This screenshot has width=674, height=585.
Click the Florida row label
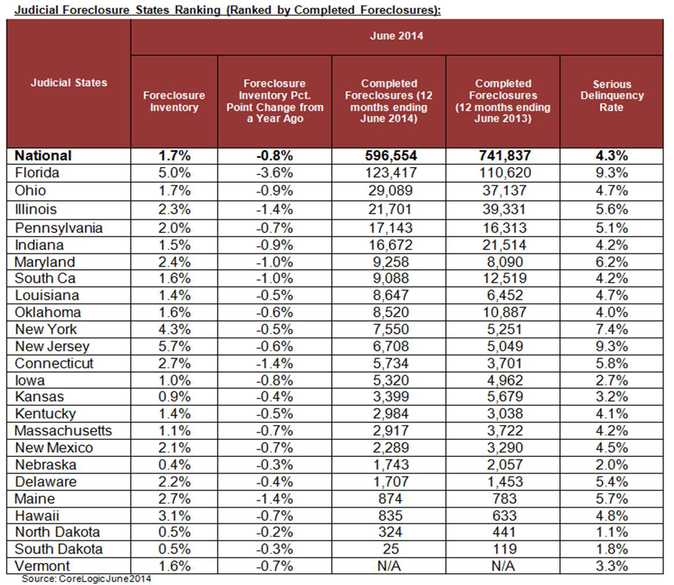[x=37, y=173]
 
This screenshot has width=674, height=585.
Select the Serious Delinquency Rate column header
[x=611, y=96]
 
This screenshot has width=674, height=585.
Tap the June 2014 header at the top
[x=396, y=36]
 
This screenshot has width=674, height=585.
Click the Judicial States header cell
[x=68, y=82]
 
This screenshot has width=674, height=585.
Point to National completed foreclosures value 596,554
[x=388, y=155]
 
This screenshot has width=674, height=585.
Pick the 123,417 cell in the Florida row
[x=388, y=173]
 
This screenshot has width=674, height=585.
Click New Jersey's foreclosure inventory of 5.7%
[x=174, y=347]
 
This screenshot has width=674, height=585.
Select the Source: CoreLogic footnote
[x=86, y=579]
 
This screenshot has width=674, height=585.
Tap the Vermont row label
[x=42, y=566]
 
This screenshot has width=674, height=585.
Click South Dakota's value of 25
[x=388, y=549]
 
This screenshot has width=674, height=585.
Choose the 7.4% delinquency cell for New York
[x=611, y=329]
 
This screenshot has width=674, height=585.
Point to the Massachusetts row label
[x=63, y=431]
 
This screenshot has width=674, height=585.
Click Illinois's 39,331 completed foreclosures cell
[x=502, y=209]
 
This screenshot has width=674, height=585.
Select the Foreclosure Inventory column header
[x=174, y=101]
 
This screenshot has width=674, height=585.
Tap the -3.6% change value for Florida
[x=274, y=173]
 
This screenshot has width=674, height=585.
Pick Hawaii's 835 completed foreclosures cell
[x=388, y=515]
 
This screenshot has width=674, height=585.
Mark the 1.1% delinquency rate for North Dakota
[x=611, y=532]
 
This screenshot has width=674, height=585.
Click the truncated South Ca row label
[x=45, y=278]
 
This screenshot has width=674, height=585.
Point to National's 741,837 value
[x=502, y=155]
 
